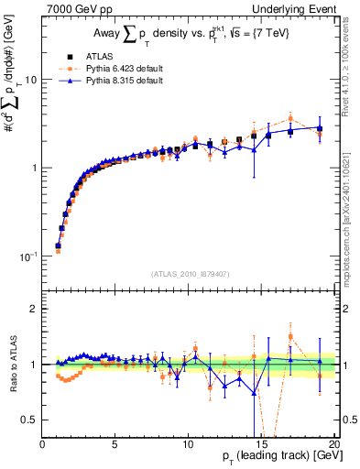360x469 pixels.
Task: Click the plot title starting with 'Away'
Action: [188, 36]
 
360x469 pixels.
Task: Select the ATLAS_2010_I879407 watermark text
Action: [189, 275]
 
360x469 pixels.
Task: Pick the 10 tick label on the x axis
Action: [188, 444]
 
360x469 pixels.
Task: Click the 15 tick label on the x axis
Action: [261, 444]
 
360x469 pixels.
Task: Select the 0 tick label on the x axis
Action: [42, 444]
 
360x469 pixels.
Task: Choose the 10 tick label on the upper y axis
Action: [29, 80]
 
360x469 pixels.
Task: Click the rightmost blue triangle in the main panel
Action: [319, 127]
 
